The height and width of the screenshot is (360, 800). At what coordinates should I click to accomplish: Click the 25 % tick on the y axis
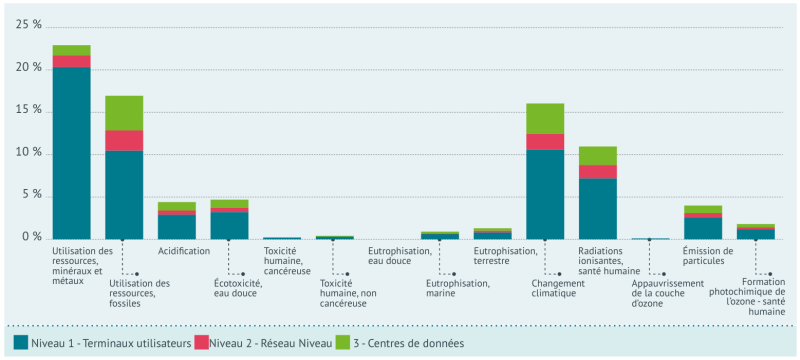[29, 25]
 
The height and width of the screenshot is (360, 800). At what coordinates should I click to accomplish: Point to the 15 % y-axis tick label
[29, 110]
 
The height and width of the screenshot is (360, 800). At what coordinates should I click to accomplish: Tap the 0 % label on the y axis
[33, 238]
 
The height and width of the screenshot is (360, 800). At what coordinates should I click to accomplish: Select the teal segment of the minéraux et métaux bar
[71, 150]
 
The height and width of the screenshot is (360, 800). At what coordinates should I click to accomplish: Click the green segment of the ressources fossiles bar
[124, 113]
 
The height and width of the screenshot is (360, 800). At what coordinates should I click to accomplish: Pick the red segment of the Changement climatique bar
[545, 141]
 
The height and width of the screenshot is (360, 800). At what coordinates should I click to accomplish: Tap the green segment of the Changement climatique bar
[545, 118]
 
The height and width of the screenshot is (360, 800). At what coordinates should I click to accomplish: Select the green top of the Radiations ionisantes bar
[598, 156]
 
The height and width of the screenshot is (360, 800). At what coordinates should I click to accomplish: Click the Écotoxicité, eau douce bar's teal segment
[229, 225]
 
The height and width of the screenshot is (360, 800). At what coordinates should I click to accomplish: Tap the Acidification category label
[183, 251]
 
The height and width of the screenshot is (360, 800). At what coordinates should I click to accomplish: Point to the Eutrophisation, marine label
[457, 288]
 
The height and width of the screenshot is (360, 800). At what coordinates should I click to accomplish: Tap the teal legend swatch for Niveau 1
[20, 343]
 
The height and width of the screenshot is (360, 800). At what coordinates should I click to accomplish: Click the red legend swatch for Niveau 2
[200, 343]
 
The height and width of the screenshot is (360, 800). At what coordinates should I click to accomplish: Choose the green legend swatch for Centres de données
[343, 343]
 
